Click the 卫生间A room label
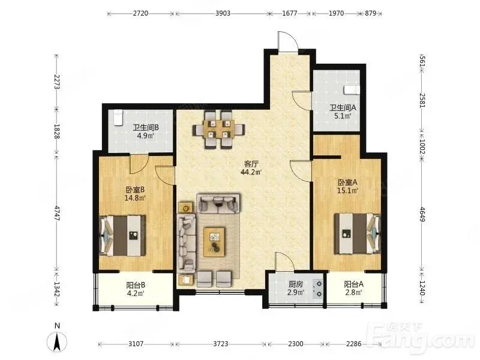click(x=343, y=108)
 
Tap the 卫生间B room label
click(x=145, y=127)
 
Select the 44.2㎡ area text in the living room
click(x=251, y=172)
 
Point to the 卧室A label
click(x=347, y=182)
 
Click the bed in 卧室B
click(x=122, y=236)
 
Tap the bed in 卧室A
click(x=357, y=233)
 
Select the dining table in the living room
click(x=218, y=129)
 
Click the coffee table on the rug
click(x=214, y=242)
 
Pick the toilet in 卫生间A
click(x=352, y=90)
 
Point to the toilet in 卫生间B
click(x=118, y=118)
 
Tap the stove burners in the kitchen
click(x=318, y=289)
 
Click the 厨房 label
click(x=295, y=284)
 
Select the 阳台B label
click(x=136, y=285)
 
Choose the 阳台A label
click(x=353, y=284)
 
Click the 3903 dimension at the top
click(x=223, y=13)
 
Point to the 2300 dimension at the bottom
click(x=296, y=344)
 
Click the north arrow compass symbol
click(x=57, y=341)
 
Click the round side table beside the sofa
click(x=185, y=208)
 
